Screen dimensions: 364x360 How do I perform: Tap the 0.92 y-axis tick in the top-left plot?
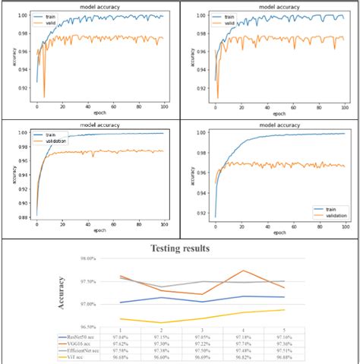click(x=24, y=88)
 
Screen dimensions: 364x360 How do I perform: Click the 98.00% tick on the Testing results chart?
click(x=87, y=259)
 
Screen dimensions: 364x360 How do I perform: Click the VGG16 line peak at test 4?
click(x=243, y=271)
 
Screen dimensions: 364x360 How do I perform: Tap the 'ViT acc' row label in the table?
click(x=76, y=356)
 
